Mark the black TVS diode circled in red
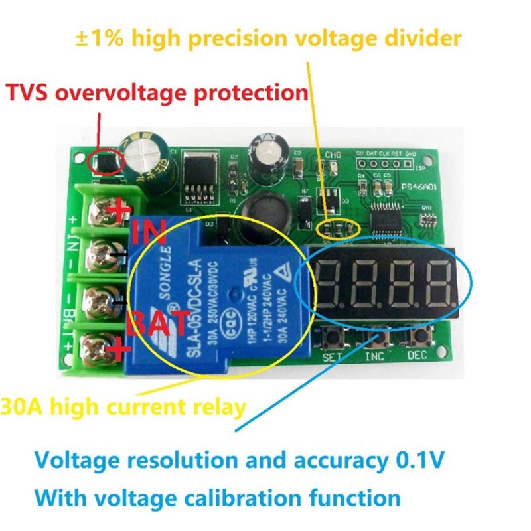(105, 161)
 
